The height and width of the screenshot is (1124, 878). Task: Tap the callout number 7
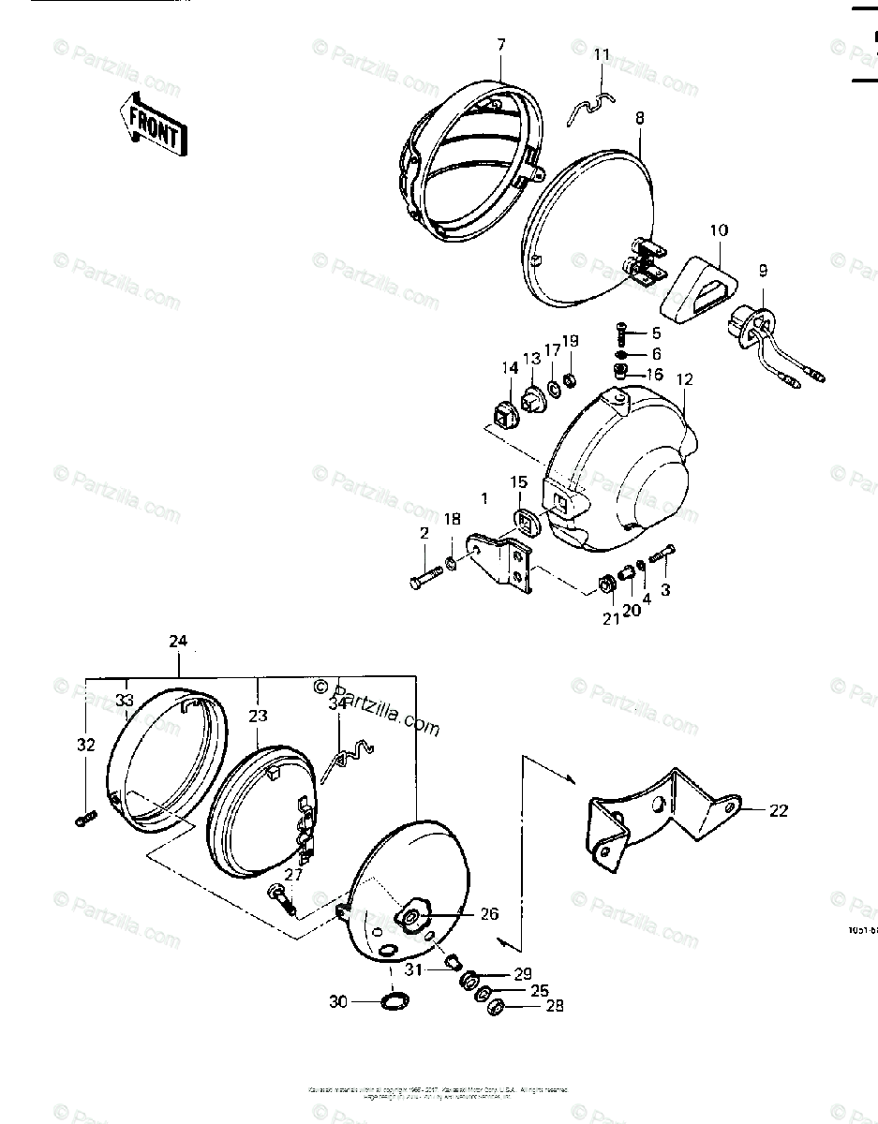point(500,44)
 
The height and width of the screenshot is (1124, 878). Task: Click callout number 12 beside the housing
point(684,379)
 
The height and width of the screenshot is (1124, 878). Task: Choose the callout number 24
point(178,642)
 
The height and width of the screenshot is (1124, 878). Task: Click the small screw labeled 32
point(82,821)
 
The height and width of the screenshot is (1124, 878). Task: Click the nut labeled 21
point(604,588)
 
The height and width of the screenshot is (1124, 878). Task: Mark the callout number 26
point(488,914)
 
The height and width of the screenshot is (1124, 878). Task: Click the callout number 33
point(125,699)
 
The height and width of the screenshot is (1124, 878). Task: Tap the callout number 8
point(639,119)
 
